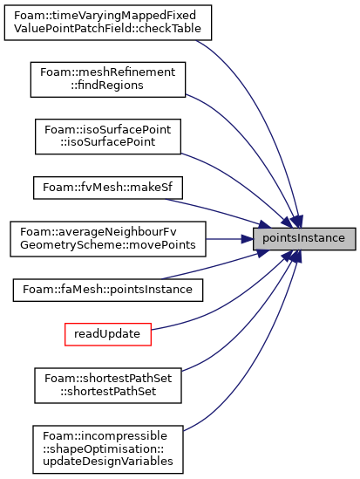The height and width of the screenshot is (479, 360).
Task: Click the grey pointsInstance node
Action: coord(304,239)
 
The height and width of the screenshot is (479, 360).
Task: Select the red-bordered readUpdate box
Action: coord(108,334)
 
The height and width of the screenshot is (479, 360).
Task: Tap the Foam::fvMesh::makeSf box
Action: coord(108,188)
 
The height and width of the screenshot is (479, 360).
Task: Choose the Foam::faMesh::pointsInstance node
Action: coord(108,290)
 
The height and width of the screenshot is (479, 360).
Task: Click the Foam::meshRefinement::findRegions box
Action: coord(108,79)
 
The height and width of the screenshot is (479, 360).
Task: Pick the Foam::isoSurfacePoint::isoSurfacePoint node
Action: coord(108,137)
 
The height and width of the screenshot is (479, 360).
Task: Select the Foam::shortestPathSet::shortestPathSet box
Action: coord(108,386)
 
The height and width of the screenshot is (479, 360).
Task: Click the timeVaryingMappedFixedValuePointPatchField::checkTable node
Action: coord(108,23)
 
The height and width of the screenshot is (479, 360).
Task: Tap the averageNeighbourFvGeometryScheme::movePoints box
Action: coord(108,239)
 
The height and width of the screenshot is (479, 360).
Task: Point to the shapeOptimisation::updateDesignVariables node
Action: coord(108,449)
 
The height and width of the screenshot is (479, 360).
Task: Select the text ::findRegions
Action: coord(107,86)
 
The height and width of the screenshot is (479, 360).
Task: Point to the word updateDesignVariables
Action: coord(108,462)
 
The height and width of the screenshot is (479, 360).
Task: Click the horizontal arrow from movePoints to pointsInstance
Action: coord(229,239)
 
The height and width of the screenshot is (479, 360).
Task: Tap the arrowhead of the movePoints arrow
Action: coord(248,239)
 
